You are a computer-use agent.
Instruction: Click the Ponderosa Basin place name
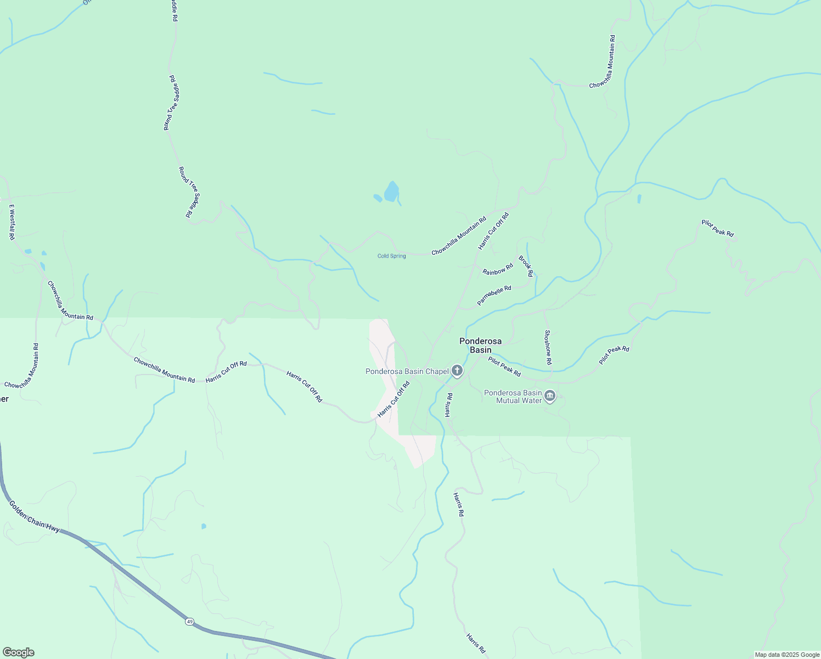point(480,345)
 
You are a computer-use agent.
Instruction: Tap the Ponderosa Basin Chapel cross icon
point(457,371)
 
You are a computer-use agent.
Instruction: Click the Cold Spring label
point(391,256)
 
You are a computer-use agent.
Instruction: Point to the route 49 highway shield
point(189,621)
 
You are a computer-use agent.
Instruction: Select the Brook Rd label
point(526,266)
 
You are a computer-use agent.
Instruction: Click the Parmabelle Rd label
point(494,295)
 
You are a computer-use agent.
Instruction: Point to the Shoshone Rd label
point(548,347)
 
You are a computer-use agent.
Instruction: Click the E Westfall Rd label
point(12,222)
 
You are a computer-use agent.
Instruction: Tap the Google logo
point(19,652)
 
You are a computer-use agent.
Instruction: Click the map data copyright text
point(787,655)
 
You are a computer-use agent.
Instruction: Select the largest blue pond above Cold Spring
point(391,192)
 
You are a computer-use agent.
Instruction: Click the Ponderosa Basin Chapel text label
point(407,372)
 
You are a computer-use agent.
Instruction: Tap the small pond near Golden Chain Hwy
point(204,526)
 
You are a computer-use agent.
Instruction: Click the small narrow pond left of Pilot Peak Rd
point(639,199)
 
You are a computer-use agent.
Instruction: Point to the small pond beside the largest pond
point(378,198)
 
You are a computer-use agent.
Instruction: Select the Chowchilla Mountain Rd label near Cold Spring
point(459,236)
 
